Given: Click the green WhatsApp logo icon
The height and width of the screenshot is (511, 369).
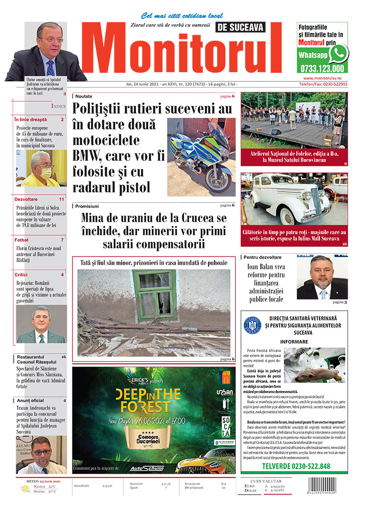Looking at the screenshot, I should click(x=338, y=53).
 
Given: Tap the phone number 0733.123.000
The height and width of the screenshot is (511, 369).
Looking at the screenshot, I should click(x=322, y=68).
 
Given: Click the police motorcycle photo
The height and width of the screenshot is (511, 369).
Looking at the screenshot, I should click(x=201, y=156).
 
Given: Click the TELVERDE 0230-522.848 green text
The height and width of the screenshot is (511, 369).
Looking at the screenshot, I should click(x=295, y=466).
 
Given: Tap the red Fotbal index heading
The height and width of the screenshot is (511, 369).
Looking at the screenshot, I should click(x=21, y=240).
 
